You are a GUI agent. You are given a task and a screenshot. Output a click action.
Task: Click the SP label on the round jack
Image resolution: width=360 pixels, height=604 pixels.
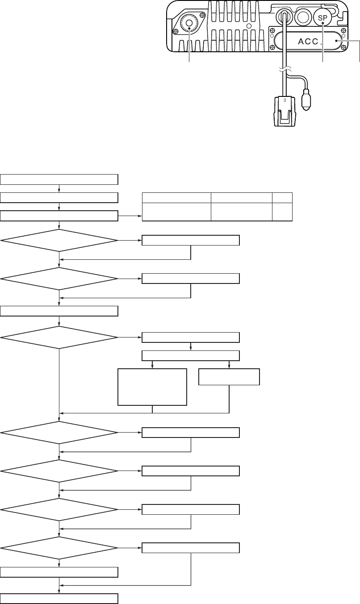coord(322,18)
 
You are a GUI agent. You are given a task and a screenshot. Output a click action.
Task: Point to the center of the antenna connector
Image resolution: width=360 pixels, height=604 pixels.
coord(189,23)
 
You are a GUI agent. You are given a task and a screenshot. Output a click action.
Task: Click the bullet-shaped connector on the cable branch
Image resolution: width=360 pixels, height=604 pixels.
coord(306,99)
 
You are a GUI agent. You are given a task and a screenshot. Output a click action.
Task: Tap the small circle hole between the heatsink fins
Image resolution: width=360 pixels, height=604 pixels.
coord(249,26)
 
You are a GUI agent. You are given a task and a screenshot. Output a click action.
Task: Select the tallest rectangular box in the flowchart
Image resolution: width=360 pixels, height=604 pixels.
coord(152,387)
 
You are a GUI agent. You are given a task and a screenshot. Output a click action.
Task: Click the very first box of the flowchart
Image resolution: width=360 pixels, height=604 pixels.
coord(59,180)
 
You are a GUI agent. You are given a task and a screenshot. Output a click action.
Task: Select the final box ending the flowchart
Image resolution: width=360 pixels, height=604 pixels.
coord(59,599)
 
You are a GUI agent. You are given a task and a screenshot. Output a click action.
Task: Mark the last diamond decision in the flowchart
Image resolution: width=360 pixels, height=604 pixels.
coord(59,548)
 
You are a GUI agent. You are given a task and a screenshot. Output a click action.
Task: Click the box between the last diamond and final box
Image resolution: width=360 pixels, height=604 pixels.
coord(59,573)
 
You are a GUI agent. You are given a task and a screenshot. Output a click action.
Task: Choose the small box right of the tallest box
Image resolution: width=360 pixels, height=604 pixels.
coord(229,377)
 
